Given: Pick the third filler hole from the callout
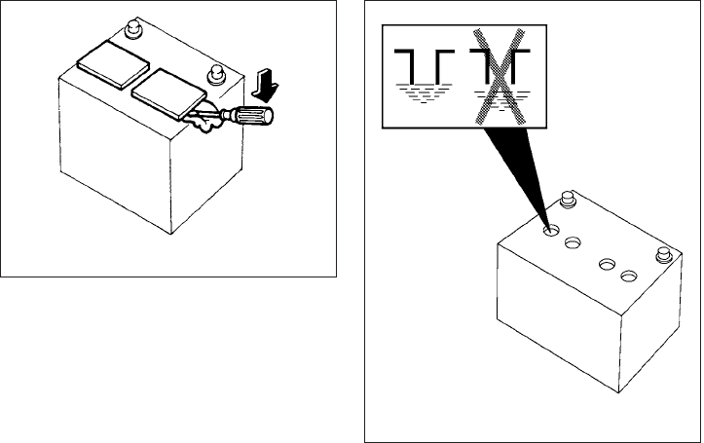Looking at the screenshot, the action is coord(607,263).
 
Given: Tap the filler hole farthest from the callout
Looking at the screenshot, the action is coord(628,277).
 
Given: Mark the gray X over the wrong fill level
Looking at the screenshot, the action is coord(499,75).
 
